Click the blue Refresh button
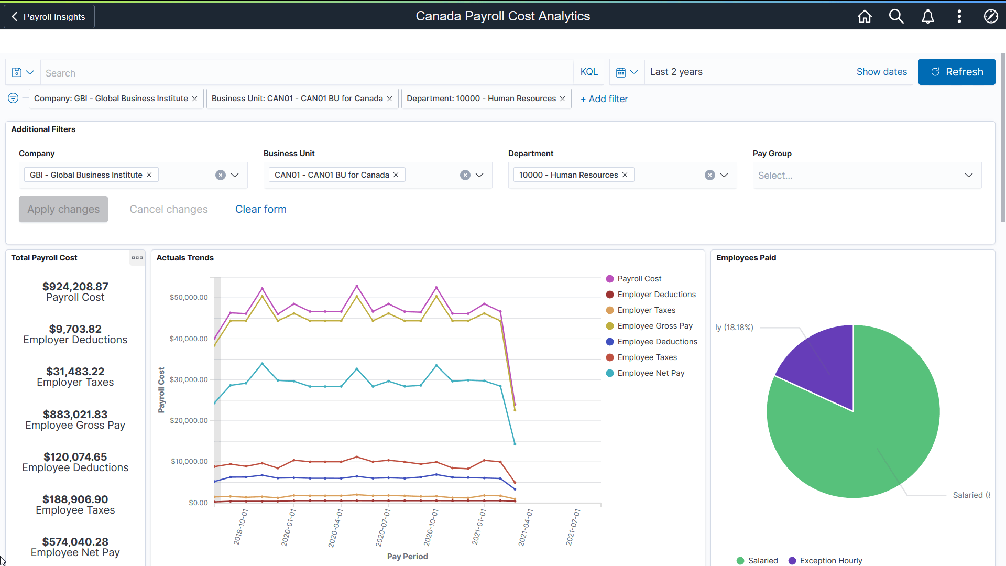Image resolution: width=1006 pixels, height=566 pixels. [956, 72]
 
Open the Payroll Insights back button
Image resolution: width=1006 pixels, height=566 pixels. [49, 17]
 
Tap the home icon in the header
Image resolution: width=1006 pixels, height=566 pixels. [865, 17]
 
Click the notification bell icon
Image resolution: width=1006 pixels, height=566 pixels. [927, 17]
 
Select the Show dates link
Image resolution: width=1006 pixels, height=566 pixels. [881, 72]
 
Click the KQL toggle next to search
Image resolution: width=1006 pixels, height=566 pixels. [588, 72]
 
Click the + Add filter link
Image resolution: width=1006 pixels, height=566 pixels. [604, 99]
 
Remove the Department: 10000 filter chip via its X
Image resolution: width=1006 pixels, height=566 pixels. [562, 99]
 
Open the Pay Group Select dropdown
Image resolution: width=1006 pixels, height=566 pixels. [867, 175]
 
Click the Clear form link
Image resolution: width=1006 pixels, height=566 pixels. [260, 209]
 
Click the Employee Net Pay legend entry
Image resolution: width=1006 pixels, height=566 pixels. [650, 373]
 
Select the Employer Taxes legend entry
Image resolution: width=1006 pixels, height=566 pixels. [646, 310]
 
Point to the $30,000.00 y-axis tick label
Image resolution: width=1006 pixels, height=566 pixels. [189, 379]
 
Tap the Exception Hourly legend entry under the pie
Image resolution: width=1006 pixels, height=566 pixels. [830, 560]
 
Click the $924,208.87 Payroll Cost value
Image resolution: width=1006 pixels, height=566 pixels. [75, 287]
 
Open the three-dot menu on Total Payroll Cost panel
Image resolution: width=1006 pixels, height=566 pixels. [137, 258]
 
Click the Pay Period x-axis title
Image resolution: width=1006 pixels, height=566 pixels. [407, 557]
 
